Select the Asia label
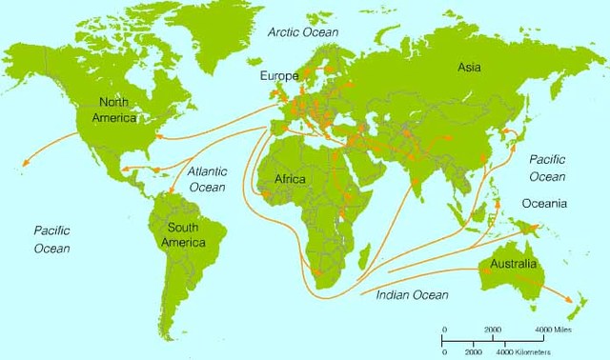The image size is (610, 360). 469,68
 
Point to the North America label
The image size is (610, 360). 114,110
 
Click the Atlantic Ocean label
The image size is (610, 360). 206,180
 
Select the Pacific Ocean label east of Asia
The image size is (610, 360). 548,169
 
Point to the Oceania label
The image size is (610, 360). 544,204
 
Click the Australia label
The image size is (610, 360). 512,263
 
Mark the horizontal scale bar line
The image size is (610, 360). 492,338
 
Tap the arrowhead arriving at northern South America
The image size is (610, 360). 171,192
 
